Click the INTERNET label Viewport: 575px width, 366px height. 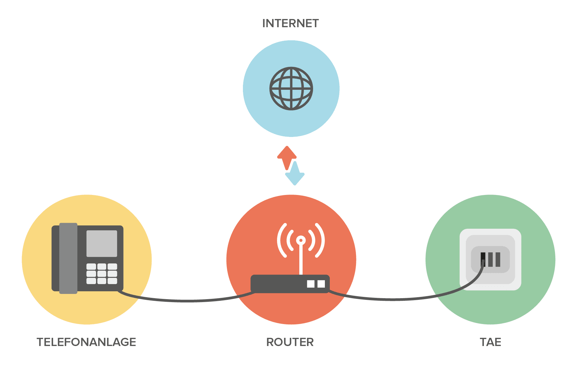point(290,24)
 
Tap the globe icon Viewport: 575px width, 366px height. point(291,88)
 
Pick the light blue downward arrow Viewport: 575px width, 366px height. point(295,175)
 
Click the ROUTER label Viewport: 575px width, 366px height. point(290,342)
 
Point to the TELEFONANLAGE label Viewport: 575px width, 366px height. point(87,342)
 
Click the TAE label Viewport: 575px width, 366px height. point(490,342)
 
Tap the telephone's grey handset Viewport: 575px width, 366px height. point(68,258)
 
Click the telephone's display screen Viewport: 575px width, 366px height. point(102,243)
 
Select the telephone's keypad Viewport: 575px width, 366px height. point(102,274)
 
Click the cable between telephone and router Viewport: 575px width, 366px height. point(187,300)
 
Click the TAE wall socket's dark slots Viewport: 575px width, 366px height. point(491,259)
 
